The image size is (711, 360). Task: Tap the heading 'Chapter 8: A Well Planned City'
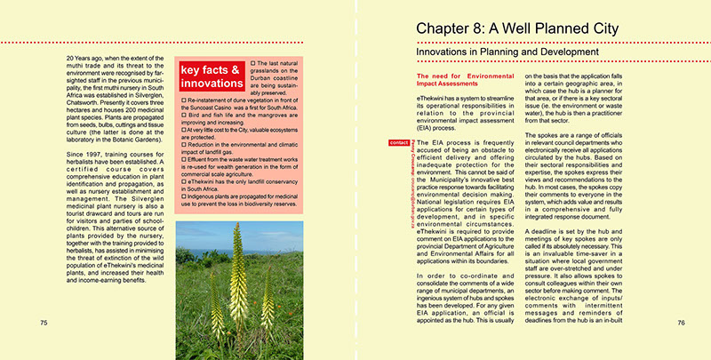[517, 29]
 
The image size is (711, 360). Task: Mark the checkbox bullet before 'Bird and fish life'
[183, 129]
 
